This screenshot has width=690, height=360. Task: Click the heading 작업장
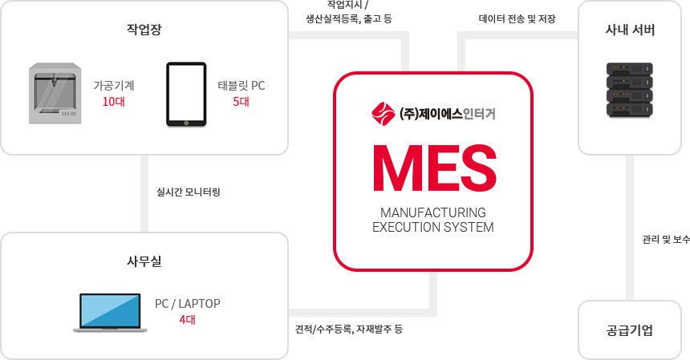144,30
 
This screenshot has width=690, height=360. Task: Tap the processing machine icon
55,93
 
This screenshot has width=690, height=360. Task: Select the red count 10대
114,102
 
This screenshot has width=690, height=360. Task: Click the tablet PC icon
186,94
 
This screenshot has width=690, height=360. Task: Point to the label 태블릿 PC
241,85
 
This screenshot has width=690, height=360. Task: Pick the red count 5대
241,102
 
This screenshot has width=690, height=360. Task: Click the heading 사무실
144,261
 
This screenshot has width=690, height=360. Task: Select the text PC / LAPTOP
187,304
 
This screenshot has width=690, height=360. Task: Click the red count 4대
187,320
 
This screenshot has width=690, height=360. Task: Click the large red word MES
433,167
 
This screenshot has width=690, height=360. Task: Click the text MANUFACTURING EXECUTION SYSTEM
433,220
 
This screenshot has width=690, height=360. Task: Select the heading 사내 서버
630,30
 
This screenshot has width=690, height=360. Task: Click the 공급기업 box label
630,330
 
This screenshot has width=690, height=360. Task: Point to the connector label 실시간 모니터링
188,192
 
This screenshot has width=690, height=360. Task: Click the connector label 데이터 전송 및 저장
517,18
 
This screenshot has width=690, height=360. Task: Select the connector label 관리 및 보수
665,239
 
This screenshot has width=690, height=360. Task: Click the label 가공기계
114,85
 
